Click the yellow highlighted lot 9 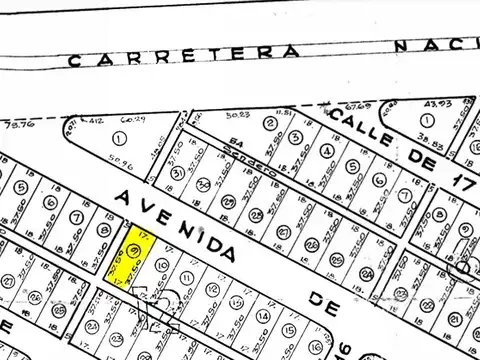[134, 252]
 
